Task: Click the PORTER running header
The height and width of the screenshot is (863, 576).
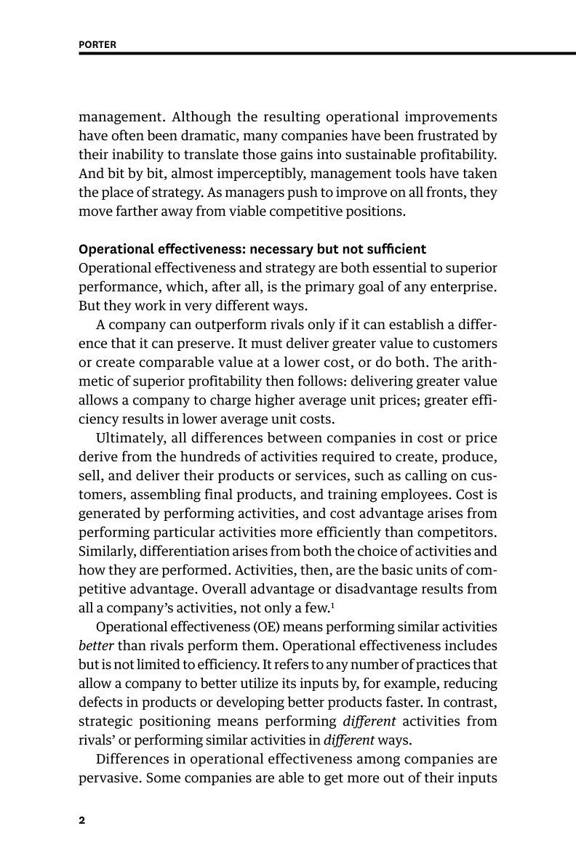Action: pos(97,44)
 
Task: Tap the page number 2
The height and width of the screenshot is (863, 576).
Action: pos(82,821)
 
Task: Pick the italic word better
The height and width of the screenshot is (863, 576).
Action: pos(95,645)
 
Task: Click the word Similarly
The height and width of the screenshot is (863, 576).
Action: pos(106,551)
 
